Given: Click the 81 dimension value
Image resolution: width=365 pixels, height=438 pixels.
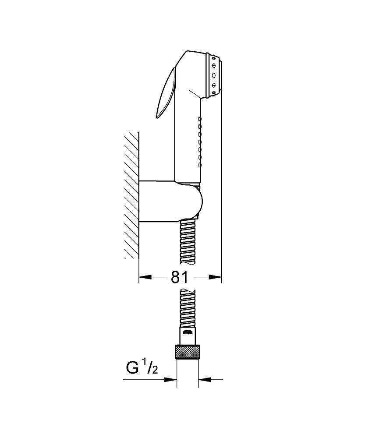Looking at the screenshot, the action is tap(179, 277).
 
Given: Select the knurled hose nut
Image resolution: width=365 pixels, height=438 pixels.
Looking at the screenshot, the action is tap(187, 352).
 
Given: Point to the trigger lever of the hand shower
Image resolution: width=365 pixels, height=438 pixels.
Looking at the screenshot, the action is tap(166, 94).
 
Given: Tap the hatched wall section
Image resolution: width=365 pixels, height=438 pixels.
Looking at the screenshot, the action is tap(132, 195).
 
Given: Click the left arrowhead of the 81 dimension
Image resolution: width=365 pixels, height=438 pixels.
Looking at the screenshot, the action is tap(145, 277).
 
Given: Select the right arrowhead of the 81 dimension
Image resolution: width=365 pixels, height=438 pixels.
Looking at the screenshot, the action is tap(216, 277).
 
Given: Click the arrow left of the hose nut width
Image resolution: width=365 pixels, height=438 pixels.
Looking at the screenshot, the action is tap(171, 379).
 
